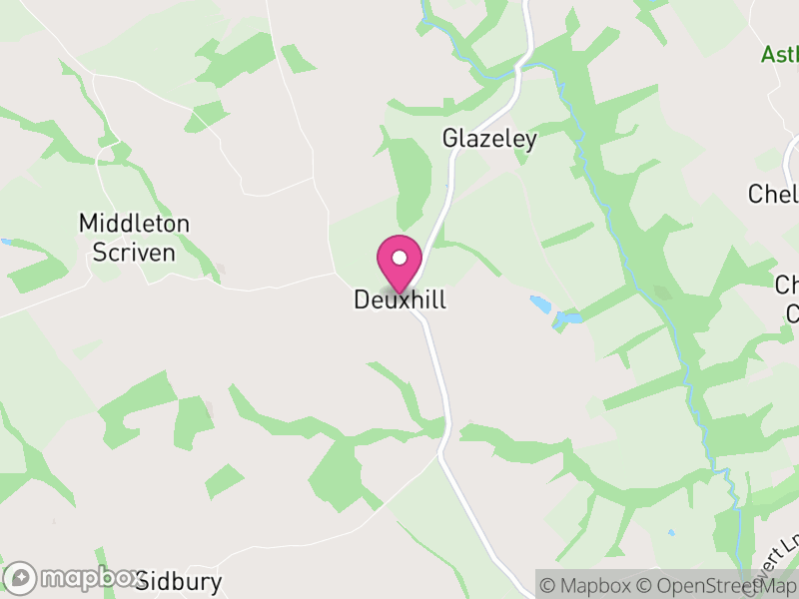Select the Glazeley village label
489,139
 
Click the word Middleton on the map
134,224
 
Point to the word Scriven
134,252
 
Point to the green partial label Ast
779,54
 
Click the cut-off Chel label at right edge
773,194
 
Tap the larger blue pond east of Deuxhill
540,302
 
